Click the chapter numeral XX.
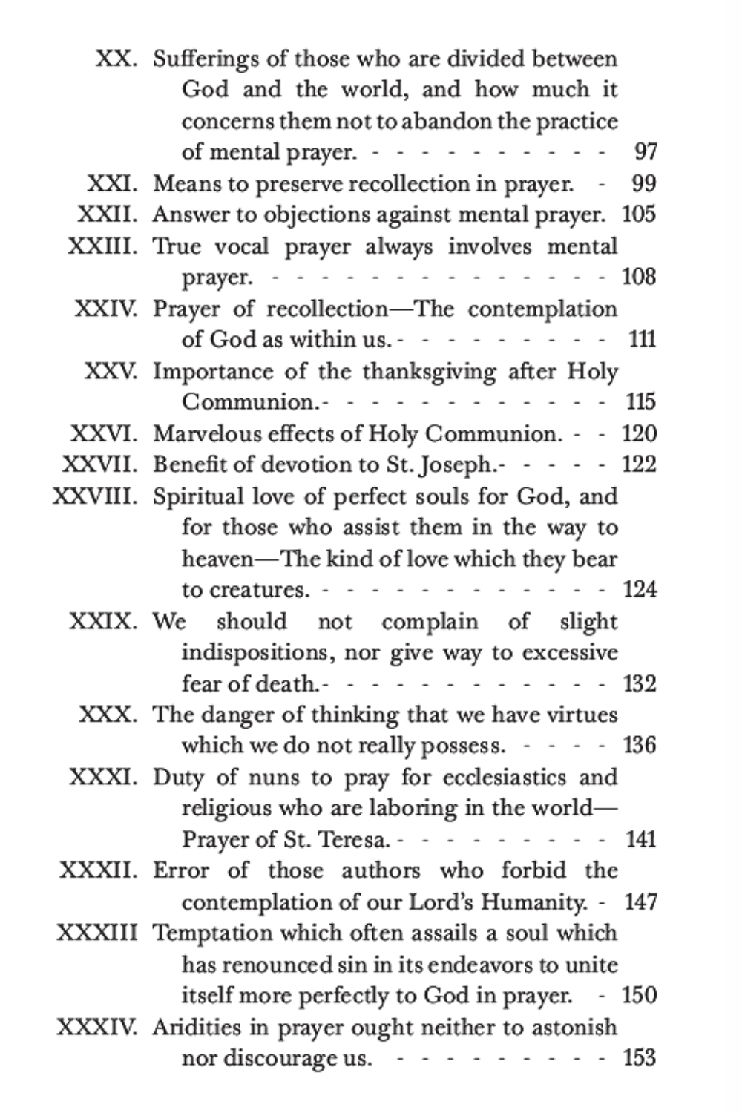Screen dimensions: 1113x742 coord(116,59)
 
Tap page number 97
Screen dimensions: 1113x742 coord(646,152)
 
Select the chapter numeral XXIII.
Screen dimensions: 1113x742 coord(102,246)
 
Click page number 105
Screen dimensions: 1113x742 coord(639,214)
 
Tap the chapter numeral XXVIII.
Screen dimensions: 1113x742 coord(95,496)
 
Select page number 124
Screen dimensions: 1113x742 coord(640,590)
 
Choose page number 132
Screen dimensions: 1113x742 coord(640,683)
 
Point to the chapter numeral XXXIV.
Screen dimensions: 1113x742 coord(97,1028)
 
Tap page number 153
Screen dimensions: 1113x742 coord(640,1058)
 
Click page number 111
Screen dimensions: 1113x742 coord(641,340)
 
